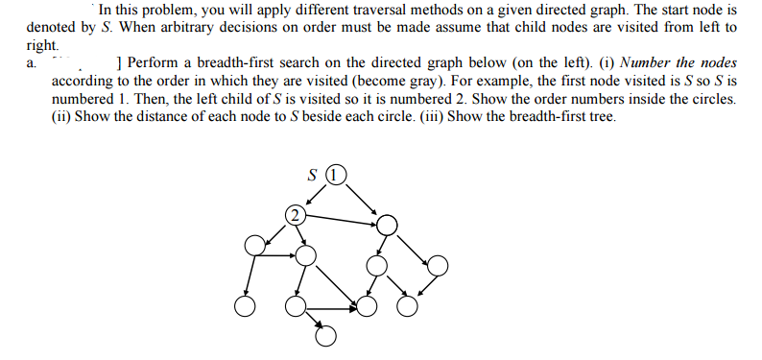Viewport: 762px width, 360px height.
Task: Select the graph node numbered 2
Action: [x=297, y=214]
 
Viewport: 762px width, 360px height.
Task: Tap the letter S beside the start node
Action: [x=312, y=176]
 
